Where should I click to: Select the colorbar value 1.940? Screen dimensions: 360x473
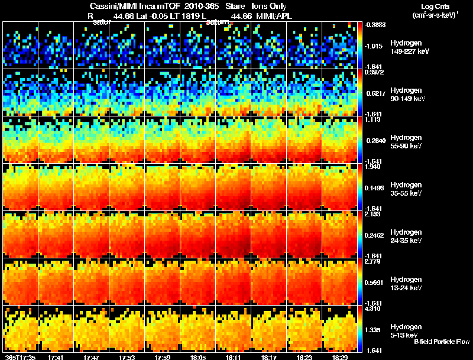tap(374, 167)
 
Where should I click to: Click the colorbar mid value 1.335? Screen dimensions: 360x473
tap(374, 330)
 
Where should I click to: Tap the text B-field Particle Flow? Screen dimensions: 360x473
tap(441, 342)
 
